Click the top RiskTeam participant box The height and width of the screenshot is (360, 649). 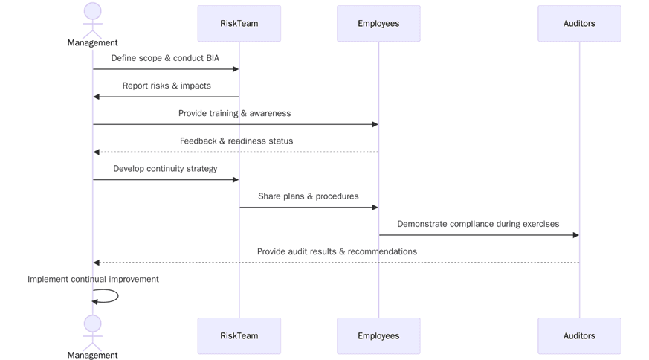point(239,24)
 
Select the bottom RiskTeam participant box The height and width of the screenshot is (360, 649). point(239,335)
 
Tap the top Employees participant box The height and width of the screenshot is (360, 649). point(378,24)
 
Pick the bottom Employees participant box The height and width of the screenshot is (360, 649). point(378,335)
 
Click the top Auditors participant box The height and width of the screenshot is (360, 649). point(579,24)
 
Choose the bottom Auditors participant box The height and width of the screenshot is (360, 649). point(579,335)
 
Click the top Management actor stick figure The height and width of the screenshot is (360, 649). point(92,20)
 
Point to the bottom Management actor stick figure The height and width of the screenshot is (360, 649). point(92,332)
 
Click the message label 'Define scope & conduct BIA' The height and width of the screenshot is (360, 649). point(165,58)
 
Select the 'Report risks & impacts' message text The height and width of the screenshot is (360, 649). point(167,86)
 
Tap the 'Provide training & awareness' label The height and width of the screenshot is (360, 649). point(234,113)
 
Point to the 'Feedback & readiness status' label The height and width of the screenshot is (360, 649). point(236,141)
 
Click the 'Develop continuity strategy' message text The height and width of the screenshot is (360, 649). point(165,169)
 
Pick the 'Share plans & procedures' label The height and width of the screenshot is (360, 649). point(308,196)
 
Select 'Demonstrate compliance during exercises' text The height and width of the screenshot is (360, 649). point(478,224)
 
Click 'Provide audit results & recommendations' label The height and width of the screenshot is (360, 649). point(337,251)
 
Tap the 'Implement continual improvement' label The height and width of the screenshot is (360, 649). point(93,280)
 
